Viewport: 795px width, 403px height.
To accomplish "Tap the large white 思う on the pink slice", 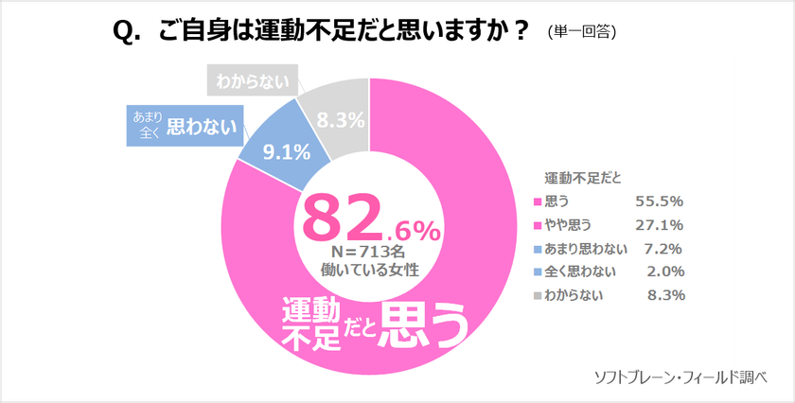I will pos(423,326).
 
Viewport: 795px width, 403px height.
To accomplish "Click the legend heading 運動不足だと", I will pos(583,178).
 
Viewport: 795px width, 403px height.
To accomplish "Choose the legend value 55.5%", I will pos(659,201).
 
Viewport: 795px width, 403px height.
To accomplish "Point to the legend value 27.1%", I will pos(659,224).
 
